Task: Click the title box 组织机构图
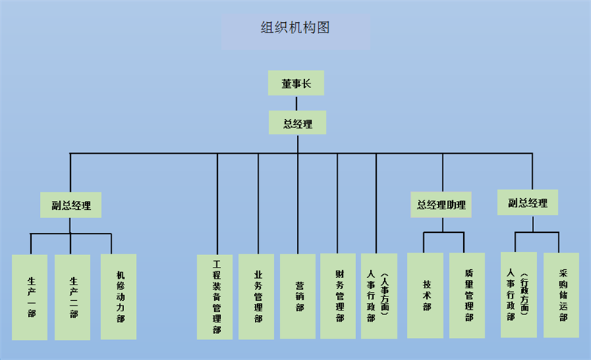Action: pyautogui.click(x=295, y=30)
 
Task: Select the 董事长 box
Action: pyautogui.click(x=296, y=84)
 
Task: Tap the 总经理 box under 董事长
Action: pyautogui.click(x=297, y=123)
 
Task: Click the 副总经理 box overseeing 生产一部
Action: pyautogui.click(x=71, y=206)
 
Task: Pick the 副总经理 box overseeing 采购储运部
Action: pyautogui.click(x=527, y=202)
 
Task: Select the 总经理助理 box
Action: pyautogui.click(x=442, y=205)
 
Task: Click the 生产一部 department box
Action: pyautogui.click(x=30, y=297)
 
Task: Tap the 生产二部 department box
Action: pyautogui.click(x=72, y=297)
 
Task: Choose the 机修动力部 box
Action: pyautogui.click(x=119, y=296)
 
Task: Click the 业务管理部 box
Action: pyautogui.click(x=257, y=296)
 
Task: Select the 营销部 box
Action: pyautogui.click(x=298, y=296)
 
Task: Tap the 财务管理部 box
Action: pyautogui.click(x=338, y=296)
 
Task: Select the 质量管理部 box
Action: pyautogui.click(x=468, y=296)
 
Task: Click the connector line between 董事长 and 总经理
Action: pyautogui.click(x=296, y=103)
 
